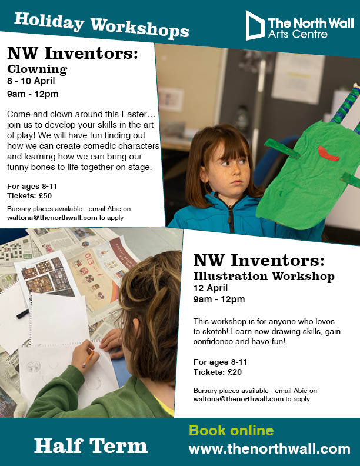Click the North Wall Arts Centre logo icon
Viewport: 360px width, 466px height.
[x=255, y=25]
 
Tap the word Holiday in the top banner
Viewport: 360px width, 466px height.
[x=49, y=21]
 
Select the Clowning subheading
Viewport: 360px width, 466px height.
[x=37, y=69]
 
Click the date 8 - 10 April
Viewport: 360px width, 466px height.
[x=31, y=81]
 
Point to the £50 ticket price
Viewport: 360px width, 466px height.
[x=45, y=196]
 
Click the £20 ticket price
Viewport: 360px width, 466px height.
[x=235, y=372]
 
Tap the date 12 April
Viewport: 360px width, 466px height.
[x=211, y=288]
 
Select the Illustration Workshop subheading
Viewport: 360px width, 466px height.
[x=264, y=276]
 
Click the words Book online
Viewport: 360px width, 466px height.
[x=231, y=430]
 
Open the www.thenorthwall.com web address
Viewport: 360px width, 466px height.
[x=269, y=449]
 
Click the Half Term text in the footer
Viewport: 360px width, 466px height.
[x=91, y=446]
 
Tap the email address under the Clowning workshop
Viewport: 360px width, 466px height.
[x=52, y=218]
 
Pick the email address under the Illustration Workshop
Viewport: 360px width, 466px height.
[x=238, y=399]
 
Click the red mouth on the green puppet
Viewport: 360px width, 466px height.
[x=328, y=154]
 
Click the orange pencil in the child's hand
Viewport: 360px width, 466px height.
[x=88, y=359]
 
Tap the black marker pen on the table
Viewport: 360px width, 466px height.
[x=22, y=314]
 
